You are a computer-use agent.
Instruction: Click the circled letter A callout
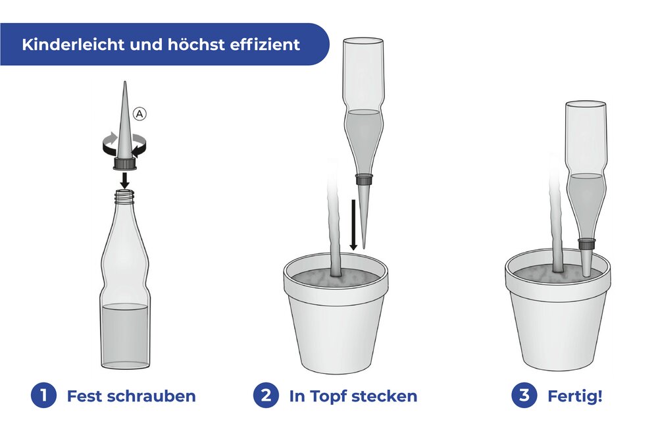tap(139, 114)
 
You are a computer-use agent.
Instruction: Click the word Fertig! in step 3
tap(574, 396)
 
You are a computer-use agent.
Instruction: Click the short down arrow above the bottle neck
tap(124, 179)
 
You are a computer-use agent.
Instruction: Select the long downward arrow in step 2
tap(353, 224)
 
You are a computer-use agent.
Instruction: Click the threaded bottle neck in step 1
tap(124, 195)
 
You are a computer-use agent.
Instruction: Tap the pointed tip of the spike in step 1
tap(124, 86)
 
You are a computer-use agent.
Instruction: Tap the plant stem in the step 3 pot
tap(558, 224)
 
